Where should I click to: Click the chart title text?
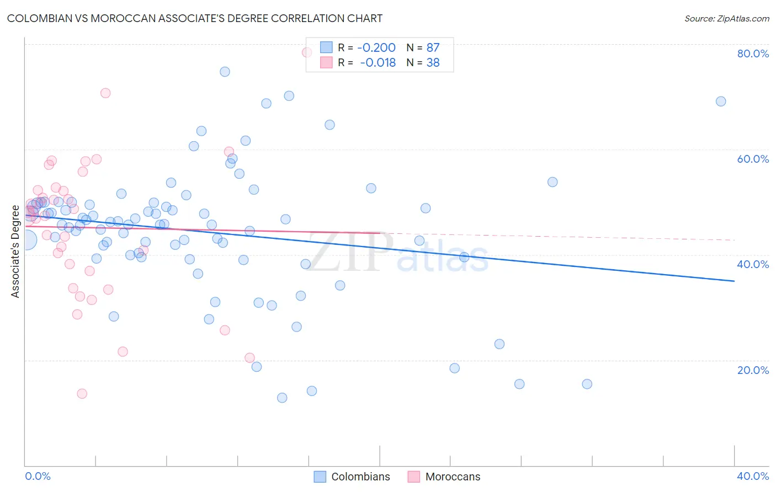194,18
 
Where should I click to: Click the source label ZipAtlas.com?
726,18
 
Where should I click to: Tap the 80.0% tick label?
753,54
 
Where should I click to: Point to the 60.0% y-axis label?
753,159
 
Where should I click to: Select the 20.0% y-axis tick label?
753,370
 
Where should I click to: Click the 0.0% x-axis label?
38,476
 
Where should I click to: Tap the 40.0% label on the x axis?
753,476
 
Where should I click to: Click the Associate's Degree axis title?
15,252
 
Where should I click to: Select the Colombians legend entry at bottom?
352,477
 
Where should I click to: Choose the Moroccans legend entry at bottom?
444,477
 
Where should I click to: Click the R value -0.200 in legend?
376,48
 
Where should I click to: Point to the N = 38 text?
423,63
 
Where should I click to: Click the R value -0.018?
378,63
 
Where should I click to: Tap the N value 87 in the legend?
433,48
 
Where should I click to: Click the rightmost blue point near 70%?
721,101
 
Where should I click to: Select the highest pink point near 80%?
307,52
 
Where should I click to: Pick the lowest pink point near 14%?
82,394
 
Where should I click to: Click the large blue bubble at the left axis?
26,240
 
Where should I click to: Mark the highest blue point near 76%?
225,72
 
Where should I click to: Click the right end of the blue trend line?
734,281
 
